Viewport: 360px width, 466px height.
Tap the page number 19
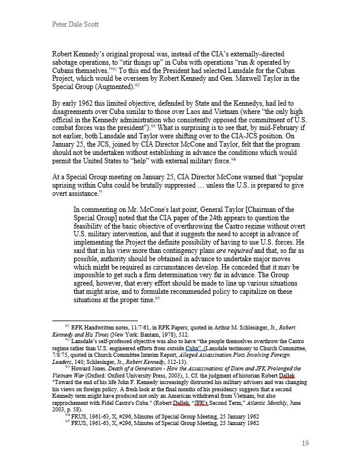pos(305,443)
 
